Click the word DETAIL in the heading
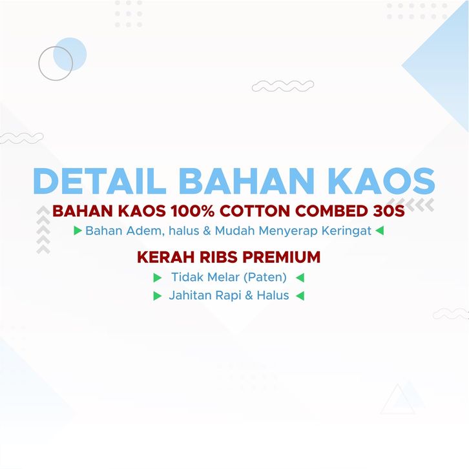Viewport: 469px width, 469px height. [x=99, y=181]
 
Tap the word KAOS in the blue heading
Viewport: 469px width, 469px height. [x=382, y=181]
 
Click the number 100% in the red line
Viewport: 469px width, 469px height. [x=193, y=211]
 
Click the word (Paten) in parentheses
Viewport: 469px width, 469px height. [x=266, y=277]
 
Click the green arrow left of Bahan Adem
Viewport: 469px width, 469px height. [x=78, y=231]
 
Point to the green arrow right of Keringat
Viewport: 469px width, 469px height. [x=380, y=231]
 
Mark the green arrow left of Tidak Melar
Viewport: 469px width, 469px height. [x=158, y=278]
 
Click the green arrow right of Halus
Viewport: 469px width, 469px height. [x=300, y=296]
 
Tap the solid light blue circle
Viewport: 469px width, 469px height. [x=70, y=54]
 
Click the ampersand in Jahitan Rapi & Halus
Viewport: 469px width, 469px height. [x=249, y=295]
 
